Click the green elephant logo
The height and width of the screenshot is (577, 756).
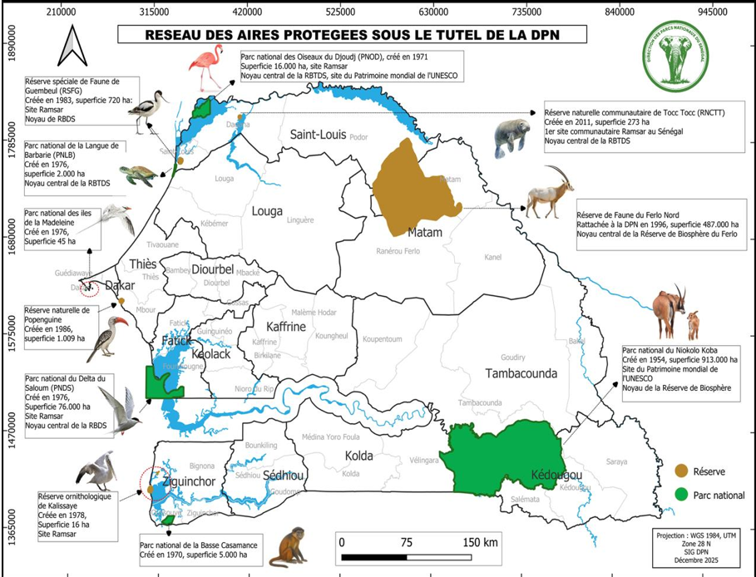coord(684,57)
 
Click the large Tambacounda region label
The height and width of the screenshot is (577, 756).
coord(521,373)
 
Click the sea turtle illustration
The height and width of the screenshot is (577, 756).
coord(138,175)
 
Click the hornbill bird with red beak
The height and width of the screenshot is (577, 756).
coord(108,335)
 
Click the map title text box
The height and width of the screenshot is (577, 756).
coord(352,35)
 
